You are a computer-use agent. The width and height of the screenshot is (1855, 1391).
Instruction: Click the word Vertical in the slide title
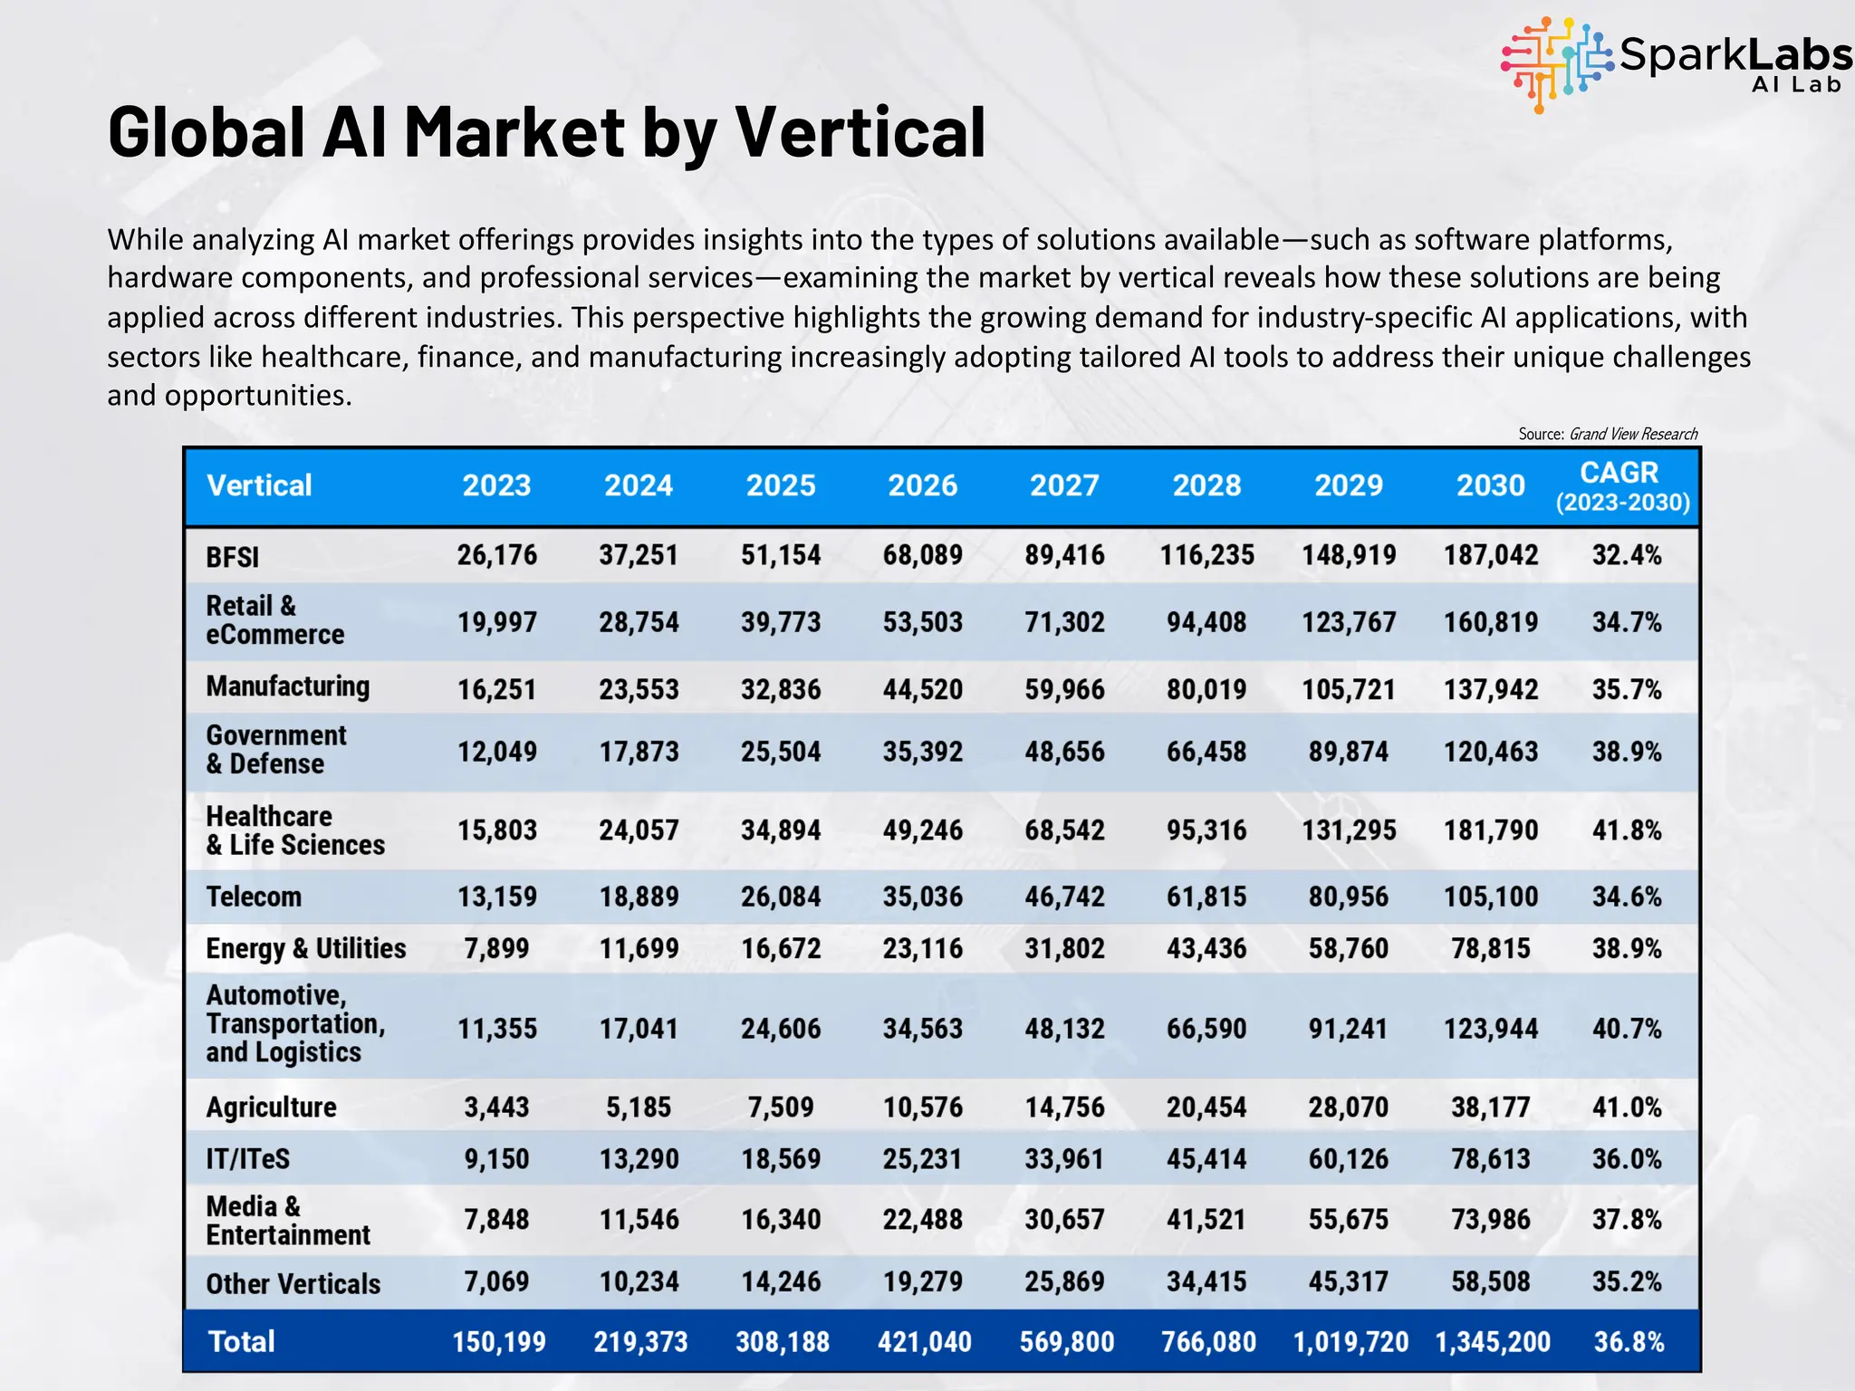point(859,132)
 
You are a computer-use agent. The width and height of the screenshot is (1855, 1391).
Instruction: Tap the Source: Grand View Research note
point(1607,434)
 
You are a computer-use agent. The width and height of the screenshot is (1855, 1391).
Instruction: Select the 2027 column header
point(1064,485)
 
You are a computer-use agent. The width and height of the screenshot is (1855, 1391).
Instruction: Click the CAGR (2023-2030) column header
point(1621,486)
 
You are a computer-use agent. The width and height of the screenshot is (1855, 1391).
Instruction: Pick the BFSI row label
point(233,556)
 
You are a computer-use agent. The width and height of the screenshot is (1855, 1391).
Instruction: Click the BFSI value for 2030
point(1490,555)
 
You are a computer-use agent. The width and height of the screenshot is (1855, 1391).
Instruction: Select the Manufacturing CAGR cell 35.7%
point(1627,689)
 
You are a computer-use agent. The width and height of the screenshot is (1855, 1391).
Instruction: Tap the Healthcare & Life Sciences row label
point(295,830)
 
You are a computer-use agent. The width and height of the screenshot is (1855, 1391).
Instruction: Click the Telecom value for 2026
point(922,897)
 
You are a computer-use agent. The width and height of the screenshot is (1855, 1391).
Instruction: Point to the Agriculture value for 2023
point(496,1107)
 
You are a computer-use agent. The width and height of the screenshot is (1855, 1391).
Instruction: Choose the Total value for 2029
point(1350,1341)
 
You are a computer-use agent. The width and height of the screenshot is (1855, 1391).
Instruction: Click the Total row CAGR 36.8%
point(1629,1341)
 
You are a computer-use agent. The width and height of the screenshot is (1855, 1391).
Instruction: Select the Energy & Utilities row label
point(305,948)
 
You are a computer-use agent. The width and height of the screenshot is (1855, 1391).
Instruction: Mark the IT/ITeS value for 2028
point(1206,1159)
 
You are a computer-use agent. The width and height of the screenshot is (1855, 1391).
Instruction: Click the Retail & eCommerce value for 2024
point(639,622)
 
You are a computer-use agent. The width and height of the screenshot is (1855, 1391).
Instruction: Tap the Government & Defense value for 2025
point(781,752)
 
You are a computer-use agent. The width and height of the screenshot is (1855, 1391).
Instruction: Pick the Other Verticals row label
point(293,1283)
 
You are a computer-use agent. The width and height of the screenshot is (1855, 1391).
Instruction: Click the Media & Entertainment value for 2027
point(1064,1219)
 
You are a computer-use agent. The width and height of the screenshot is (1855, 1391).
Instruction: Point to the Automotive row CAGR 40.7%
point(1627,1029)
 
